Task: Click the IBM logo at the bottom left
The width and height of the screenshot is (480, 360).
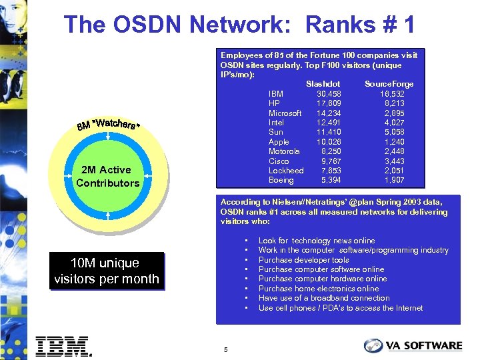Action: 63,347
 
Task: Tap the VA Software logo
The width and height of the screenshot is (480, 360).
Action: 413,345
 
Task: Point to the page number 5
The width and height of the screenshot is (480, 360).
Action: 226,349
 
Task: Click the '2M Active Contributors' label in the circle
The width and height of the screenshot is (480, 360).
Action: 108,177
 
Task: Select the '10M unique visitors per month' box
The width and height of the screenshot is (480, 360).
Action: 107,271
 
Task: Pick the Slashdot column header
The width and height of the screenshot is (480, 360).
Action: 323,84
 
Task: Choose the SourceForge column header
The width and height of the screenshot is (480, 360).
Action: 389,84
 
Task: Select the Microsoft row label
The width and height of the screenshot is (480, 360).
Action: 285,113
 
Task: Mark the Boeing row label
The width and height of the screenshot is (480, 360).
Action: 281,181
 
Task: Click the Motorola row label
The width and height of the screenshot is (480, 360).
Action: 284,151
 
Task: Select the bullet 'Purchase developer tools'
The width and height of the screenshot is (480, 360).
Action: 303,260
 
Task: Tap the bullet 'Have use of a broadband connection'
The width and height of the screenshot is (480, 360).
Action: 324,298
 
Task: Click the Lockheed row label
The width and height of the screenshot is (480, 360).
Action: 286,171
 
